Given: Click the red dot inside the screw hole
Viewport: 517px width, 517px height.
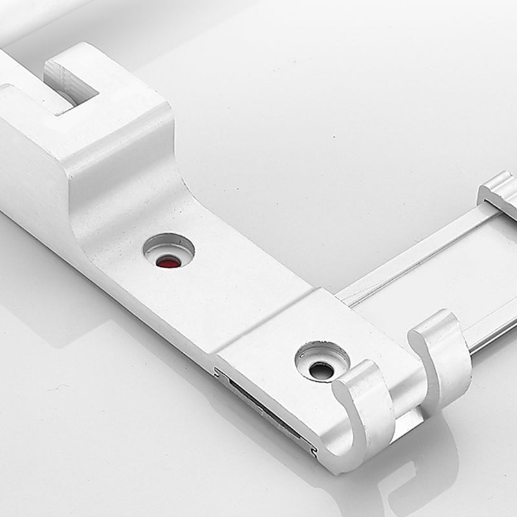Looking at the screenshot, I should pyautogui.click(x=169, y=262).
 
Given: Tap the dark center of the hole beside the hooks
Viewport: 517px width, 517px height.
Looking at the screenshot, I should pyautogui.click(x=321, y=370).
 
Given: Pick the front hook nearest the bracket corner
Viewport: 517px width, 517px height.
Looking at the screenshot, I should pyautogui.click(x=366, y=407).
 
